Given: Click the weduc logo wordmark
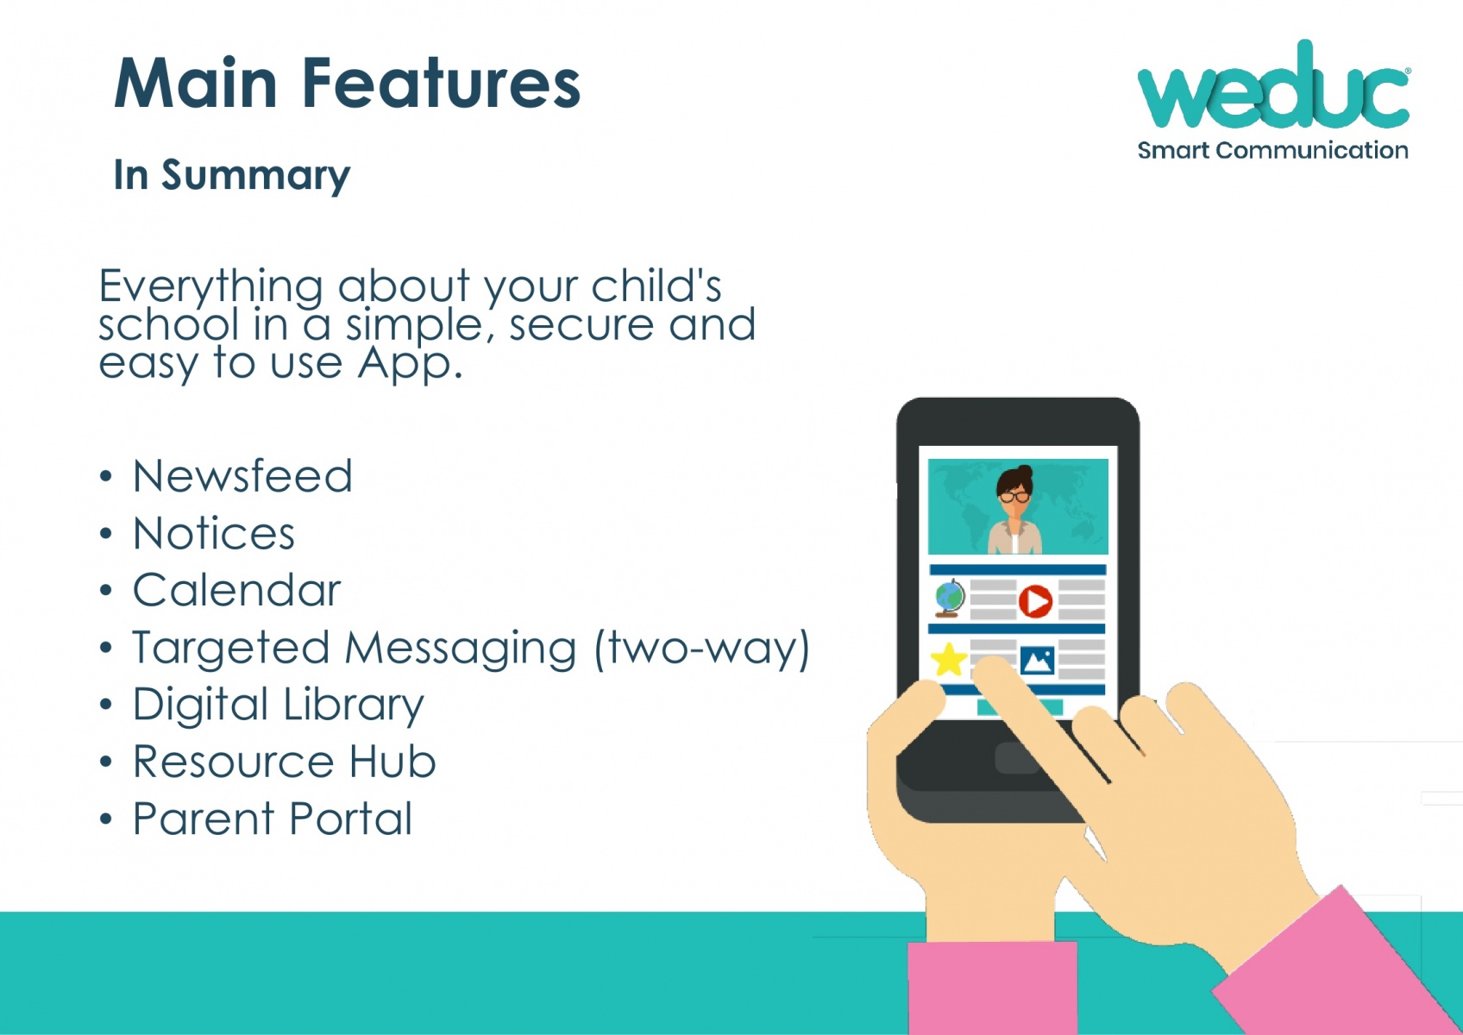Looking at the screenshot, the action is pyautogui.click(x=1273, y=85).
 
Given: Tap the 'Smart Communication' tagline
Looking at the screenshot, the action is pyautogui.click(x=1272, y=151).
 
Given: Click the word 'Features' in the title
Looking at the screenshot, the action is pyautogui.click(x=441, y=84).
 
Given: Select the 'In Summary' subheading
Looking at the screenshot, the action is pyautogui.click(x=232, y=175).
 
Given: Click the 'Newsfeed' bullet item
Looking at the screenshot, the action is pyautogui.click(x=242, y=475).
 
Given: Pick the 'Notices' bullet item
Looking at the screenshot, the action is pyautogui.click(x=214, y=533).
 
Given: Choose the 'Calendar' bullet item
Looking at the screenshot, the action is pyautogui.click(x=236, y=590).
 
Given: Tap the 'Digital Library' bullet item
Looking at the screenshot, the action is pyautogui.click(x=279, y=706).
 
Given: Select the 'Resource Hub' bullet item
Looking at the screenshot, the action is pyautogui.click(x=284, y=762).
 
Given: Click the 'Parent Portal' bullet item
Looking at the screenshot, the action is pyautogui.click(x=273, y=819).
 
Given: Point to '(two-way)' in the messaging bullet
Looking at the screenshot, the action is pyautogui.click(x=702, y=649).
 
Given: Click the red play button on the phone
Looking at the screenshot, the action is pyautogui.click(x=1035, y=601).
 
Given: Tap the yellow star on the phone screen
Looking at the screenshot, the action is pyautogui.click(x=949, y=660).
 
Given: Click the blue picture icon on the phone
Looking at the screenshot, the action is pyautogui.click(x=1037, y=660).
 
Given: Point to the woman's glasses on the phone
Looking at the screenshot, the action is pyautogui.click(x=1014, y=497).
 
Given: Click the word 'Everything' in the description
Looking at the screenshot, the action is pyautogui.click(x=211, y=287).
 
